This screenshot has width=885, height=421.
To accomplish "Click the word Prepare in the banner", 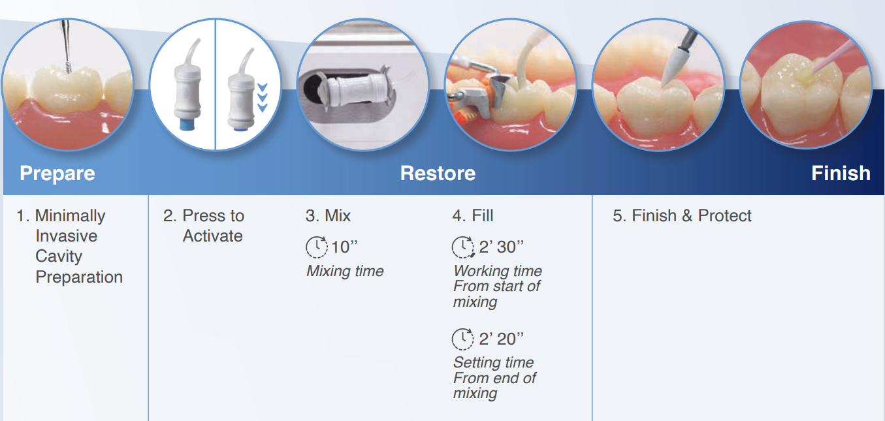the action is [57, 174].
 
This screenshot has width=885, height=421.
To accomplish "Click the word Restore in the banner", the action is [438, 174].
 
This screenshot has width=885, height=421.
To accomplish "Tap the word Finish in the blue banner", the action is [841, 174].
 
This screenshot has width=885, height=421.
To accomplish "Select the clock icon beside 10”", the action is [317, 247].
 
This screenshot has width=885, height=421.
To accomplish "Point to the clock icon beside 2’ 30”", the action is [462, 247].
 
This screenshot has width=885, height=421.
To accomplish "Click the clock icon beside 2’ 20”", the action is [462, 339].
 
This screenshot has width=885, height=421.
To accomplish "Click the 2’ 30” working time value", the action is [501, 247].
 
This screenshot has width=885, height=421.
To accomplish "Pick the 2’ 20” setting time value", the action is [501, 339].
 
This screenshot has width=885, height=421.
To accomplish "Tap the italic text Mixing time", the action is [345, 272].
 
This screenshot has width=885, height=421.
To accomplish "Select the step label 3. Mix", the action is [328, 216].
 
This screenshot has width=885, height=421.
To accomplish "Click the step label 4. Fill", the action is [472, 216].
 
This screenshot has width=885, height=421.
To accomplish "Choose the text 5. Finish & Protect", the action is [682, 216].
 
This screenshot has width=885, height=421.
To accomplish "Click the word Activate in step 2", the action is [212, 236].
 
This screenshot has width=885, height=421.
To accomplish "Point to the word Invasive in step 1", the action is [67, 236].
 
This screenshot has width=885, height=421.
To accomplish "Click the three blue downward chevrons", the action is [263, 97].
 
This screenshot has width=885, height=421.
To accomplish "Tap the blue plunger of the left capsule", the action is [187, 124].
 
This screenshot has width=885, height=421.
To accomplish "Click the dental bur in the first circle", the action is [66, 46].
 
